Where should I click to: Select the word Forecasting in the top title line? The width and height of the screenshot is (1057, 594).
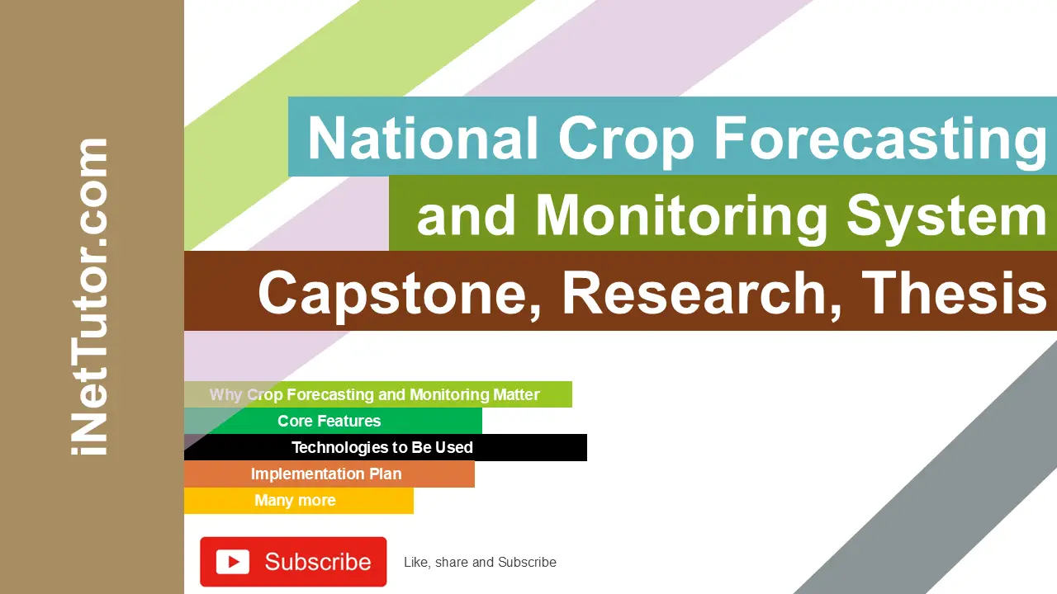click(x=880, y=138)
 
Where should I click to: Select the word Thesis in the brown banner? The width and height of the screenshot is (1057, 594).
click(x=955, y=293)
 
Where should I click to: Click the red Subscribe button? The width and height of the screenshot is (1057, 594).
click(x=293, y=562)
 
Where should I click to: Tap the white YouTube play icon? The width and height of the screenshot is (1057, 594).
click(x=233, y=562)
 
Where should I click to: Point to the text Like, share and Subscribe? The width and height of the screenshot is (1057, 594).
click(x=480, y=563)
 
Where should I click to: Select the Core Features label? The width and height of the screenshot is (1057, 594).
click(x=329, y=421)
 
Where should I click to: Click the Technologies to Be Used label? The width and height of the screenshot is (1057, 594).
click(x=382, y=447)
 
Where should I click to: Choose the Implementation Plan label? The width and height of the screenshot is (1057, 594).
click(x=326, y=474)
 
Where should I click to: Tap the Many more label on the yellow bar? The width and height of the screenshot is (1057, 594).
click(x=295, y=500)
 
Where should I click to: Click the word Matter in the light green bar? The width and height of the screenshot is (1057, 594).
click(x=516, y=394)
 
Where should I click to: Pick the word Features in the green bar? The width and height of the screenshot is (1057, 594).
click(x=352, y=421)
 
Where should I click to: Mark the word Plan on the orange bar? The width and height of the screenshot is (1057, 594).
click(x=384, y=474)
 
